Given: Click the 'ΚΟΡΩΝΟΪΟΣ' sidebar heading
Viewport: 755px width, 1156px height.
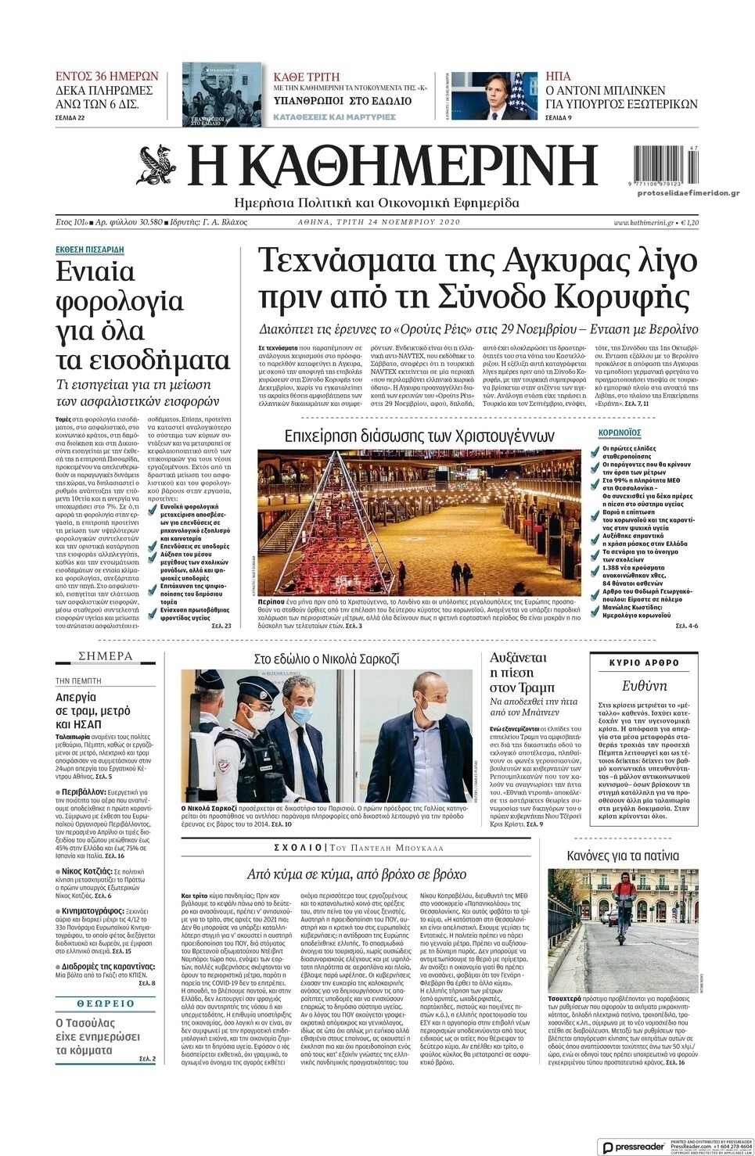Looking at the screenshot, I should (x=620, y=432).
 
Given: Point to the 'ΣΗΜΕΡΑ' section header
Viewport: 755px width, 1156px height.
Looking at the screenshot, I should (x=106, y=655).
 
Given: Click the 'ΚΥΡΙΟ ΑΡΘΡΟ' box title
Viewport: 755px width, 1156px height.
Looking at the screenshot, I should (x=643, y=662).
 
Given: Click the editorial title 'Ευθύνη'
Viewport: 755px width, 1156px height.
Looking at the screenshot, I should (x=644, y=686).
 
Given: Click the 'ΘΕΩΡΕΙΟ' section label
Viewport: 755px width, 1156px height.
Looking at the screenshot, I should (x=106, y=1003).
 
